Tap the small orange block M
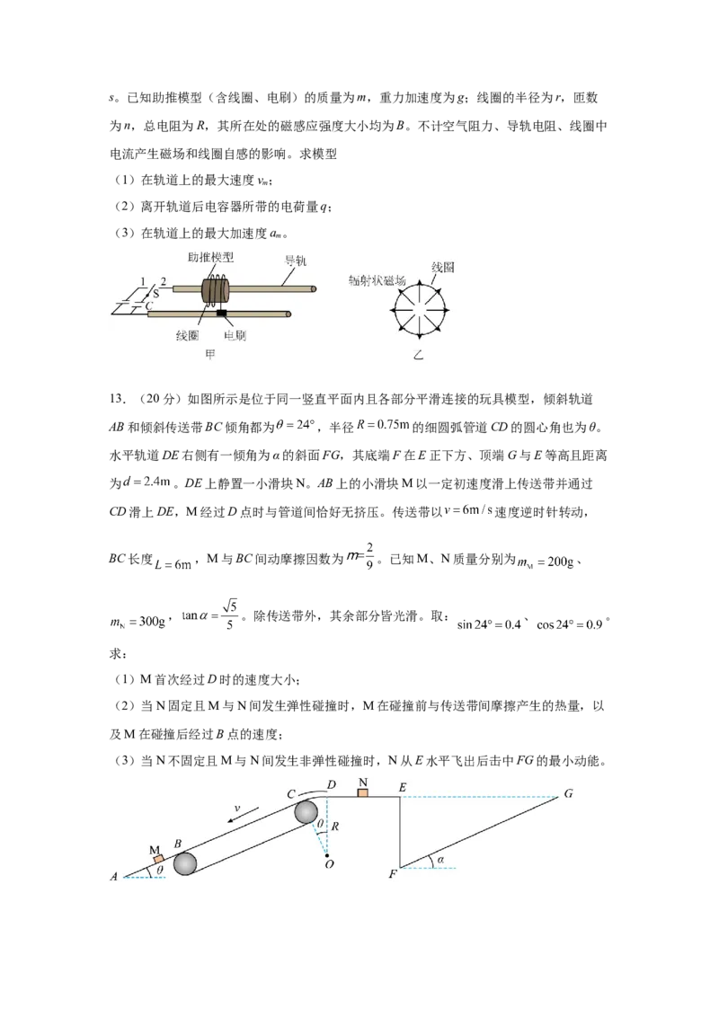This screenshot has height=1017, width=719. (x=158, y=859)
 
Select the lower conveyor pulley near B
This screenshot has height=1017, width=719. (x=185, y=864)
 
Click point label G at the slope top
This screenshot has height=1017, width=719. (x=568, y=793)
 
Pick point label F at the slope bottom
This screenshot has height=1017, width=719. (x=392, y=873)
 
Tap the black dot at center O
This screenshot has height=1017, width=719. (x=328, y=855)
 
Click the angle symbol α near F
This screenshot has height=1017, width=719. (x=440, y=860)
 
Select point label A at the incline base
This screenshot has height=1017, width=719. (x=113, y=876)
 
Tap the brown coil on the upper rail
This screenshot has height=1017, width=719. (x=214, y=290)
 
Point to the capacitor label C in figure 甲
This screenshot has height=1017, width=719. (x=148, y=305)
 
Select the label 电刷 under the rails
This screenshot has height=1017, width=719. (x=235, y=335)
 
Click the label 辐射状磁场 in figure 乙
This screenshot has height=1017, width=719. (x=377, y=279)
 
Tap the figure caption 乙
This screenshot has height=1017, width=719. (x=419, y=355)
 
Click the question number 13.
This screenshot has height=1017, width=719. (x=118, y=399)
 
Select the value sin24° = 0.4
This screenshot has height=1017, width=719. (x=489, y=624)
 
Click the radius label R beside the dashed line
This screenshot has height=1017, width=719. (x=335, y=827)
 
